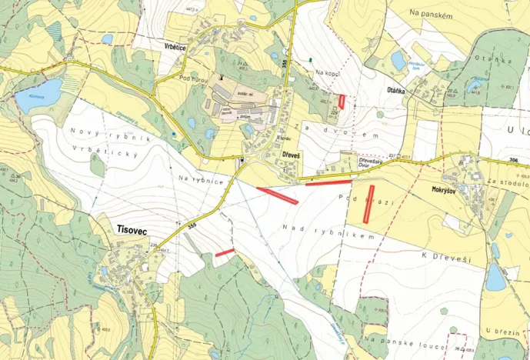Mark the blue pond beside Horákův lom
[x=399, y=59]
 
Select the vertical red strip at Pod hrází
[x=369, y=204]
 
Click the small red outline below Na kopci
[x=342, y=101]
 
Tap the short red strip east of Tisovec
[x=225, y=252]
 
